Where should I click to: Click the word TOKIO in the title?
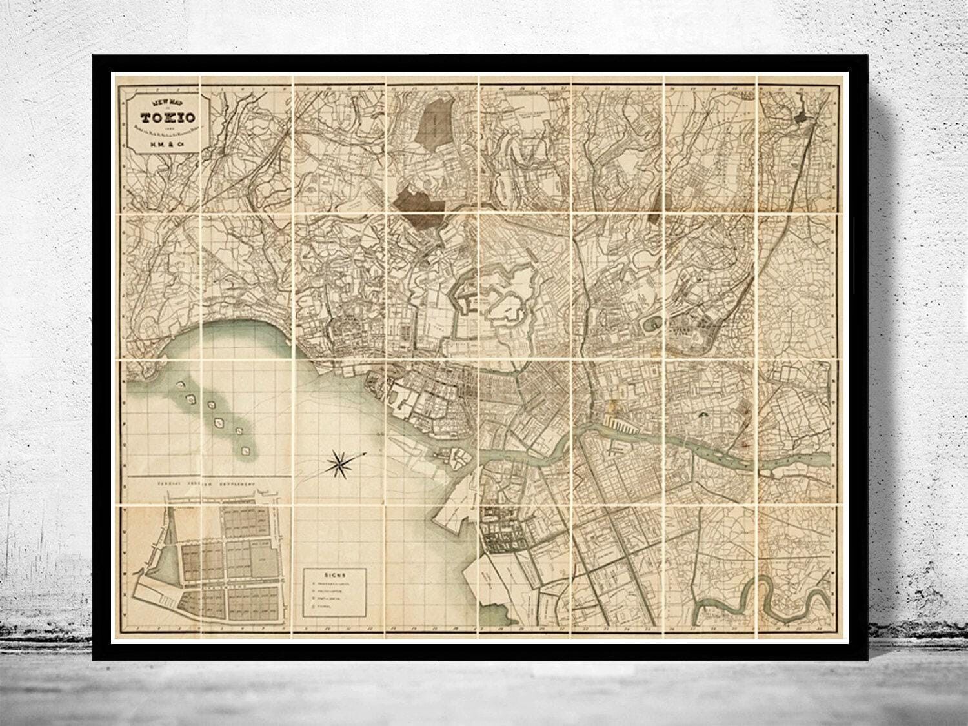click(167, 117)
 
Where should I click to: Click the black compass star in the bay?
click(340, 461)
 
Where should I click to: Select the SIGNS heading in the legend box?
click(335, 573)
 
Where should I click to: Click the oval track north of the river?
click(652, 321)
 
